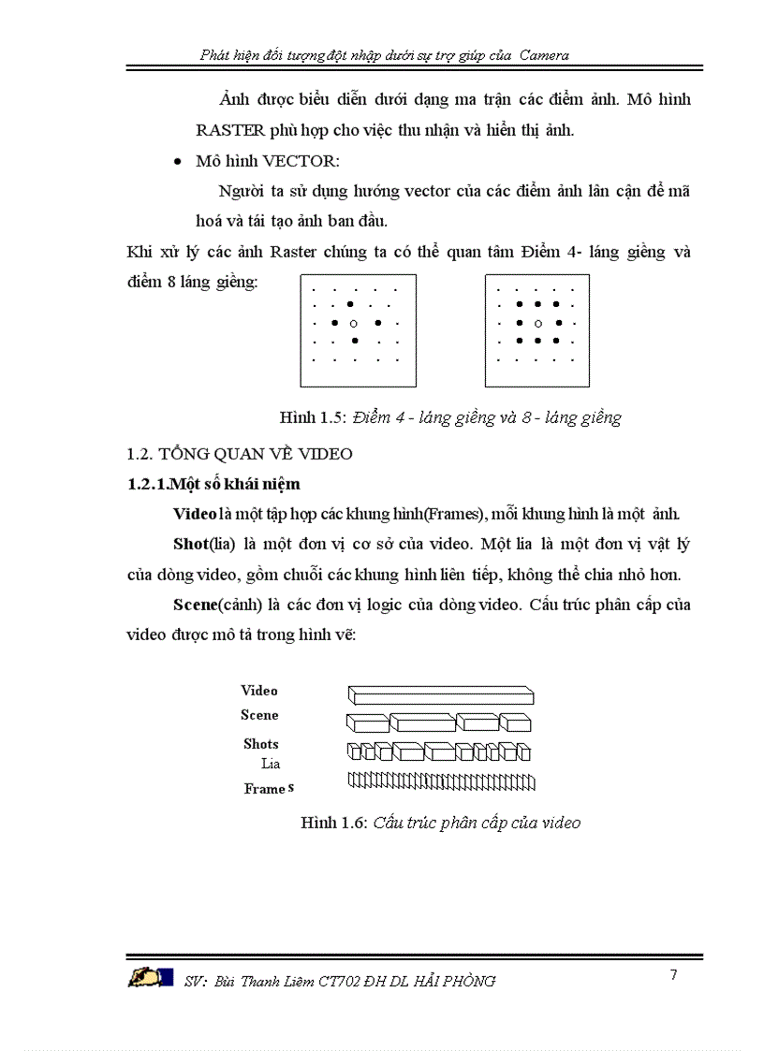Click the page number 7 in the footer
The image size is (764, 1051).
pyautogui.click(x=673, y=975)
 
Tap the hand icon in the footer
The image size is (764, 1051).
pyautogui.click(x=151, y=978)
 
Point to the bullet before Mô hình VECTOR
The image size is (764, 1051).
pyautogui.click(x=178, y=162)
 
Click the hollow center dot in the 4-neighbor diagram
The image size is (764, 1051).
pyautogui.click(x=353, y=323)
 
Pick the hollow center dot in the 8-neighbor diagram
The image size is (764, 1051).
pyautogui.click(x=537, y=323)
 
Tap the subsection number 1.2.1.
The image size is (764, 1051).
pyautogui.click(x=147, y=484)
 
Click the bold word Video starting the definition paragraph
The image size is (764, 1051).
pyautogui.click(x=195, y=514)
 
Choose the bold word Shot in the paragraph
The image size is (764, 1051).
pyautogui.click(x=190, y=544)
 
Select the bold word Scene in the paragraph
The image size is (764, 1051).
pyautogui.click(x=195, y=604)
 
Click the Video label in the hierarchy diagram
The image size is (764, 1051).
pyautogui.click(x=259, y=691)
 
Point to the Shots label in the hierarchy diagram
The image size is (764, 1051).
pyautogui.click(x=261, y=744)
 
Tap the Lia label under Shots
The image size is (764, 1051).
pyautogui.click(x=271, y=764)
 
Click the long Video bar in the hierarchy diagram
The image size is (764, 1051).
pyautogui.click(x=441, y=695)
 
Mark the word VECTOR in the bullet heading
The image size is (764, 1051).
pyautogui.click(x=271, y=161)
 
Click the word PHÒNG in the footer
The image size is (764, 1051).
pyautogui.click(x=467, y=981)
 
